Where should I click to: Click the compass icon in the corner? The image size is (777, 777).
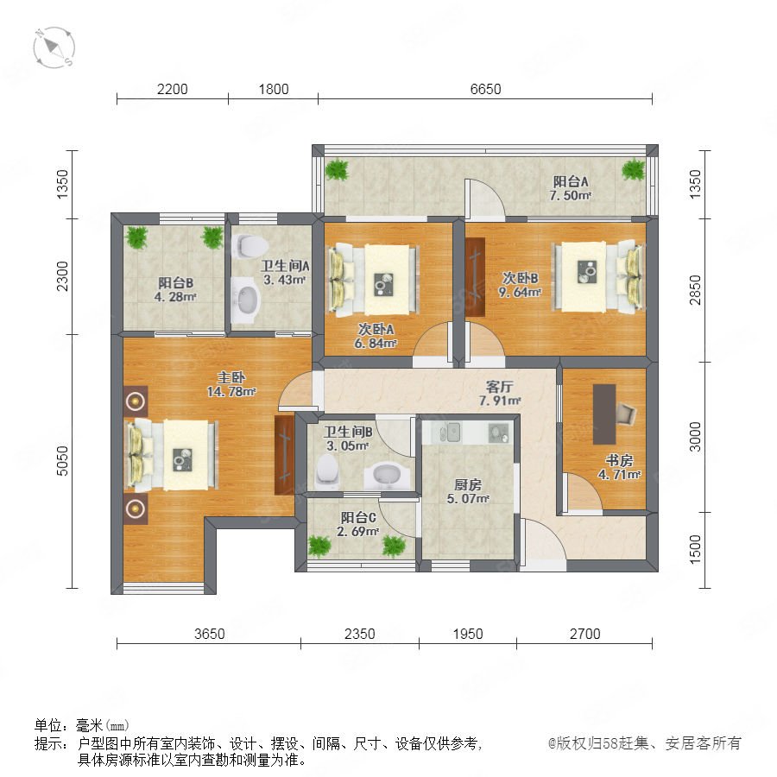pyautogui.click(x=54, y=47)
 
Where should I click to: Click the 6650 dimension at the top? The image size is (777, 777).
pyautogui.click(x=485, y=89)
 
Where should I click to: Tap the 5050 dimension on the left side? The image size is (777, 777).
pyautogui.click(x=62, y=461)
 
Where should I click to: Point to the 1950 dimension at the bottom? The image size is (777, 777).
pyautogui.click(x=468, y=634)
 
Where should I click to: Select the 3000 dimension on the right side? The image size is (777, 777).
pyautogui.click(x=695, y=437)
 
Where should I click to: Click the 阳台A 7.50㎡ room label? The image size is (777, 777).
pyautogui.click(x=571, y=188)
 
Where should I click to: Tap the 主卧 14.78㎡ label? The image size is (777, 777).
pyautogui.click(x=231, y=384)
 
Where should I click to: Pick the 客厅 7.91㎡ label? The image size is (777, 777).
pyautogui.click(x=500, y=393)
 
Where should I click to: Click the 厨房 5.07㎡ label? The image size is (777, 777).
pyautogui.click(x=468, y=491)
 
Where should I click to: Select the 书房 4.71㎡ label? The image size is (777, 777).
pyautogui.click(x=619, y=467)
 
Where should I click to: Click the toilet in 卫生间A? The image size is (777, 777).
pyautogui.click(x=250, y=246)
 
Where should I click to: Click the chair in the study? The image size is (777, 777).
pyautogui.click(x=627, y=414)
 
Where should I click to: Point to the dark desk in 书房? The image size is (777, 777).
pyautogui.click(x=604, y=414)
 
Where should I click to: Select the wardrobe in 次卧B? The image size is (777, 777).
pyautogui.click(x=475, y=276)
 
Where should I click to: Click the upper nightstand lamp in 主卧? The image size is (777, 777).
pyautogui.click(x=136, y=401)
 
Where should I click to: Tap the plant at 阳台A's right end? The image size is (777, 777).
pyautogui.click(x=634, y=169)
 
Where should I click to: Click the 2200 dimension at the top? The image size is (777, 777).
pyautogui.click(x=172, y=89)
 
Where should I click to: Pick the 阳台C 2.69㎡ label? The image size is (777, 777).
pyautogui.click(x=357, y=524)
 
